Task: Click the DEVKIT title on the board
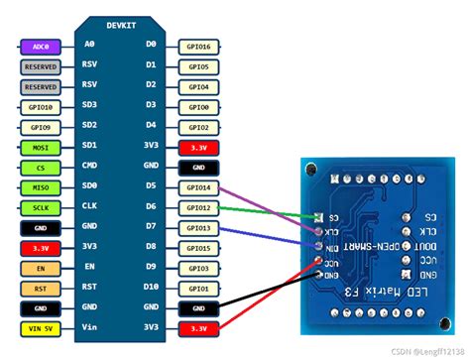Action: pyautogui.click(x=122, y=22)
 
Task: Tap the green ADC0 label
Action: pyautogui.click(x=40, y=45)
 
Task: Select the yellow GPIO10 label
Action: pyautogui.click(x=40, y=106)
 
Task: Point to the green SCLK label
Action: pyautogui.click(x=40, y=207)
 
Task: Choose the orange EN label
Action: pyautogui.click(x=40, y=268)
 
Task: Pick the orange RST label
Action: pyautogui.click(x=40, y=289)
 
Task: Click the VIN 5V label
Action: pyautogui.click(x=40, y=328)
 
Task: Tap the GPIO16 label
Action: pyautogui.click(x=197, y=45)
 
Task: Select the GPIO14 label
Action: pyautogui.click(x=197, y=186)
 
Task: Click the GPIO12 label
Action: pyautogui.click(x=197, y=207)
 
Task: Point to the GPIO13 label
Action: pyautogui.click(x=197, y=228)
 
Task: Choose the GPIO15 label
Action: pyautogui.click(x=197, y=248)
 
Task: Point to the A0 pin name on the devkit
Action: pyautogui.click(x=89, y=45)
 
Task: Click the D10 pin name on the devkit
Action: pyautogui.click(x=151, y=289)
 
